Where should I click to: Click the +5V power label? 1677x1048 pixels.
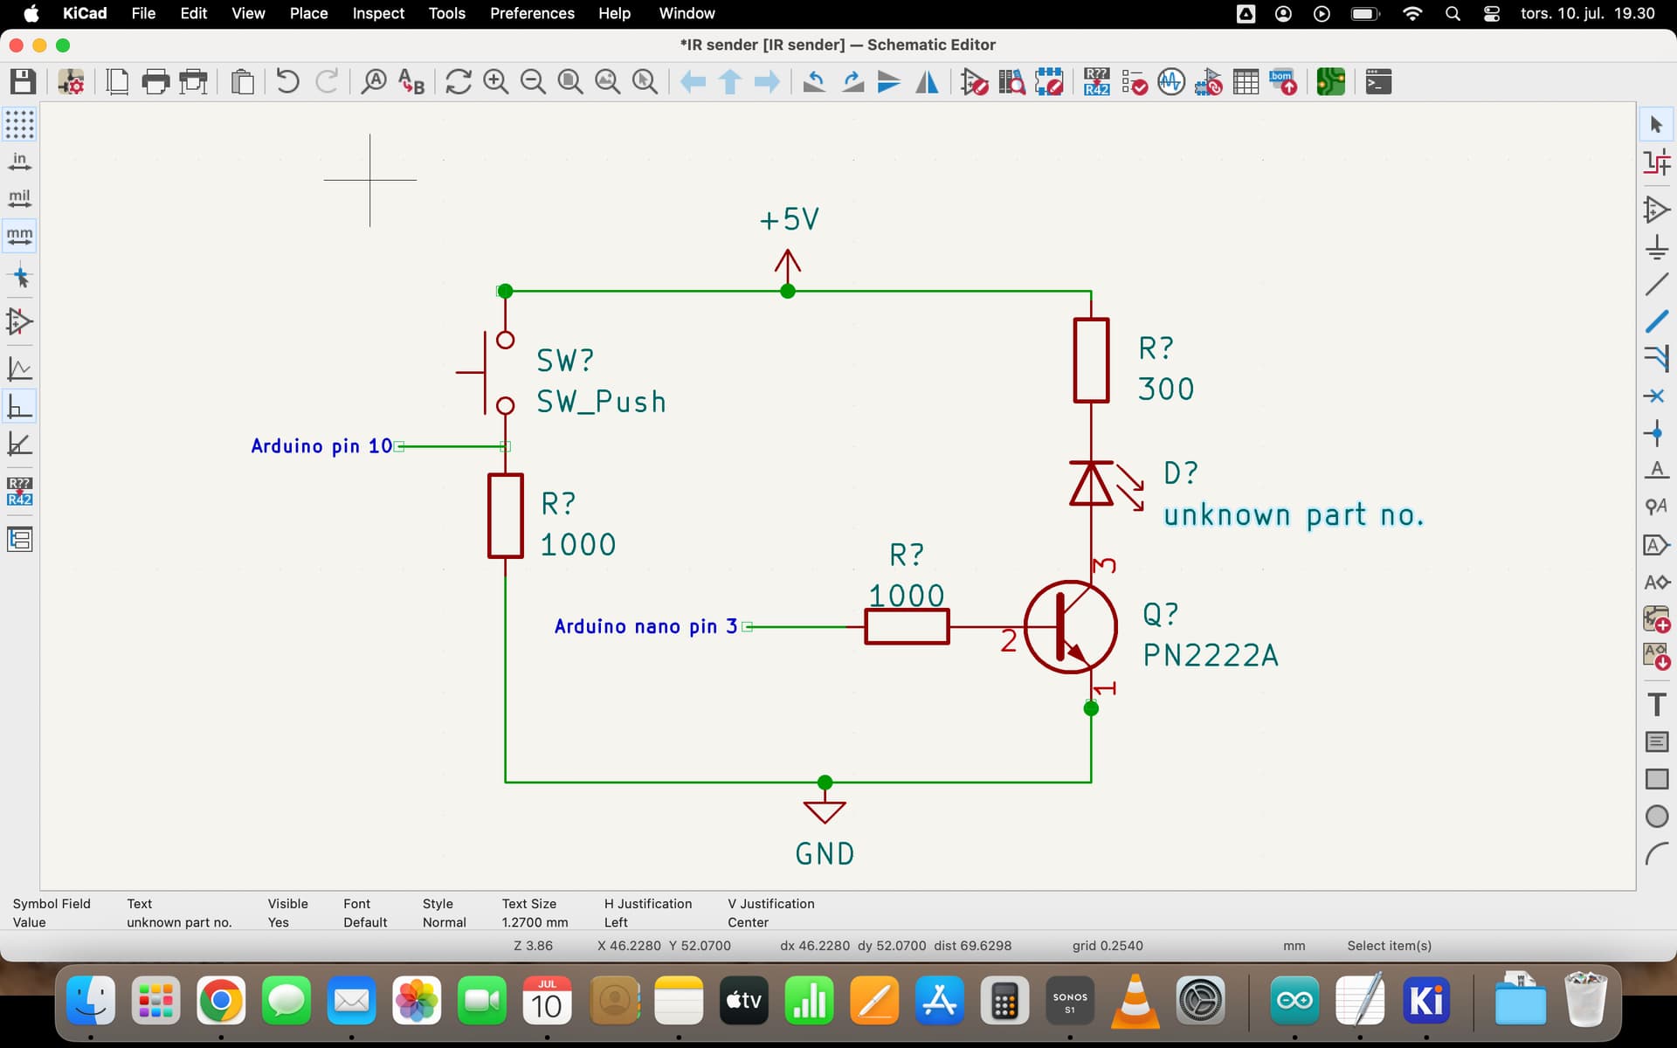pyautogui.click(x=789, y=219)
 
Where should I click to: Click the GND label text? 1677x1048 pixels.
pyautogui.click(x=825, y=853)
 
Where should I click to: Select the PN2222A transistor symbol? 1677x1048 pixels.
pyautogui.click(x=1070, y=627)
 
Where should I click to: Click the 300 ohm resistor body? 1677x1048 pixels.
pyautogui.click(x=1091, y=361)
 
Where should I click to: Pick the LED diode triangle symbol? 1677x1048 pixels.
pyautogui.click(x=1091, y=484)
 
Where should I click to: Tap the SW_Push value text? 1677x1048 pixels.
pyautogui.click(x=601, y=402)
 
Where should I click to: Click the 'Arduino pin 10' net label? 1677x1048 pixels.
pyautogui.click(x=321, y=446)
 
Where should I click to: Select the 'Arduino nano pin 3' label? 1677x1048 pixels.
pyautogui.click(x=645, y=626)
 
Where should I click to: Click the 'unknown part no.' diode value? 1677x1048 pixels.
pyautogui.click(x=1293, y=515)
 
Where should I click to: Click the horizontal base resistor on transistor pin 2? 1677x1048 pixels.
pyautogui.click(x=907, y=627)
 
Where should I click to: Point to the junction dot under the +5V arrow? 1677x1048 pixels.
pyautogui.click(x=788, y=291)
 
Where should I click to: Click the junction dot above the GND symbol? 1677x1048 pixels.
pyautogui.click(x=825, y=782)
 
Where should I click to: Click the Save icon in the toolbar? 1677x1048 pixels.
pyautogui.click(x=23, y=82)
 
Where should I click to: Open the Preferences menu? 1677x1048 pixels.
pyautogui.click(x=532, y=13)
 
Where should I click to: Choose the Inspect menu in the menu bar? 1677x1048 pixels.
pyautogui.click(x=377, y=13)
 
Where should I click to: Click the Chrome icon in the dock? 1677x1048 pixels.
pyautogui.click(x=220, y=1001)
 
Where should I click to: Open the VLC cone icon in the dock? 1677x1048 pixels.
pyautogui.click(x=1135, y=1001)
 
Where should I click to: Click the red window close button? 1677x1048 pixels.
pyautogui.click(x=16, y=45)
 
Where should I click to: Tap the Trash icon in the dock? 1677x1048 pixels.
pyautogui.click(x=1585, y=1001)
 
